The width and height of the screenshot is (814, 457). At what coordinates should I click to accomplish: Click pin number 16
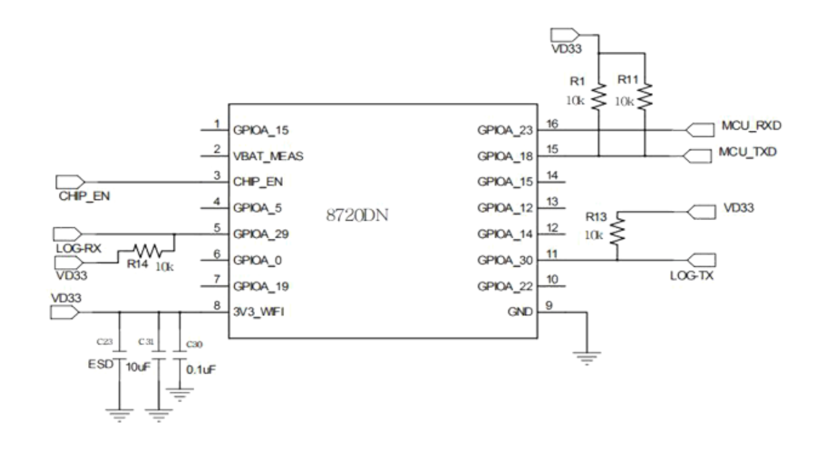point(551,122)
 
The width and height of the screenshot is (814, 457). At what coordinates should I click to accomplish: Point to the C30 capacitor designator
point(193,344)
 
